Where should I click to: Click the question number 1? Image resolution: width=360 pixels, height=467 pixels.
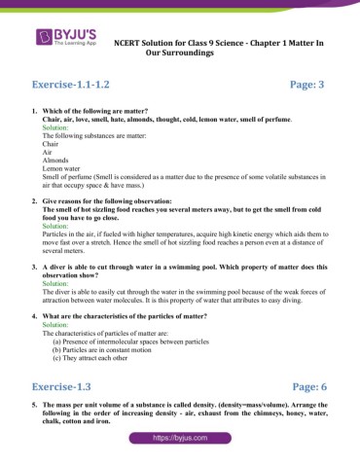34,112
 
